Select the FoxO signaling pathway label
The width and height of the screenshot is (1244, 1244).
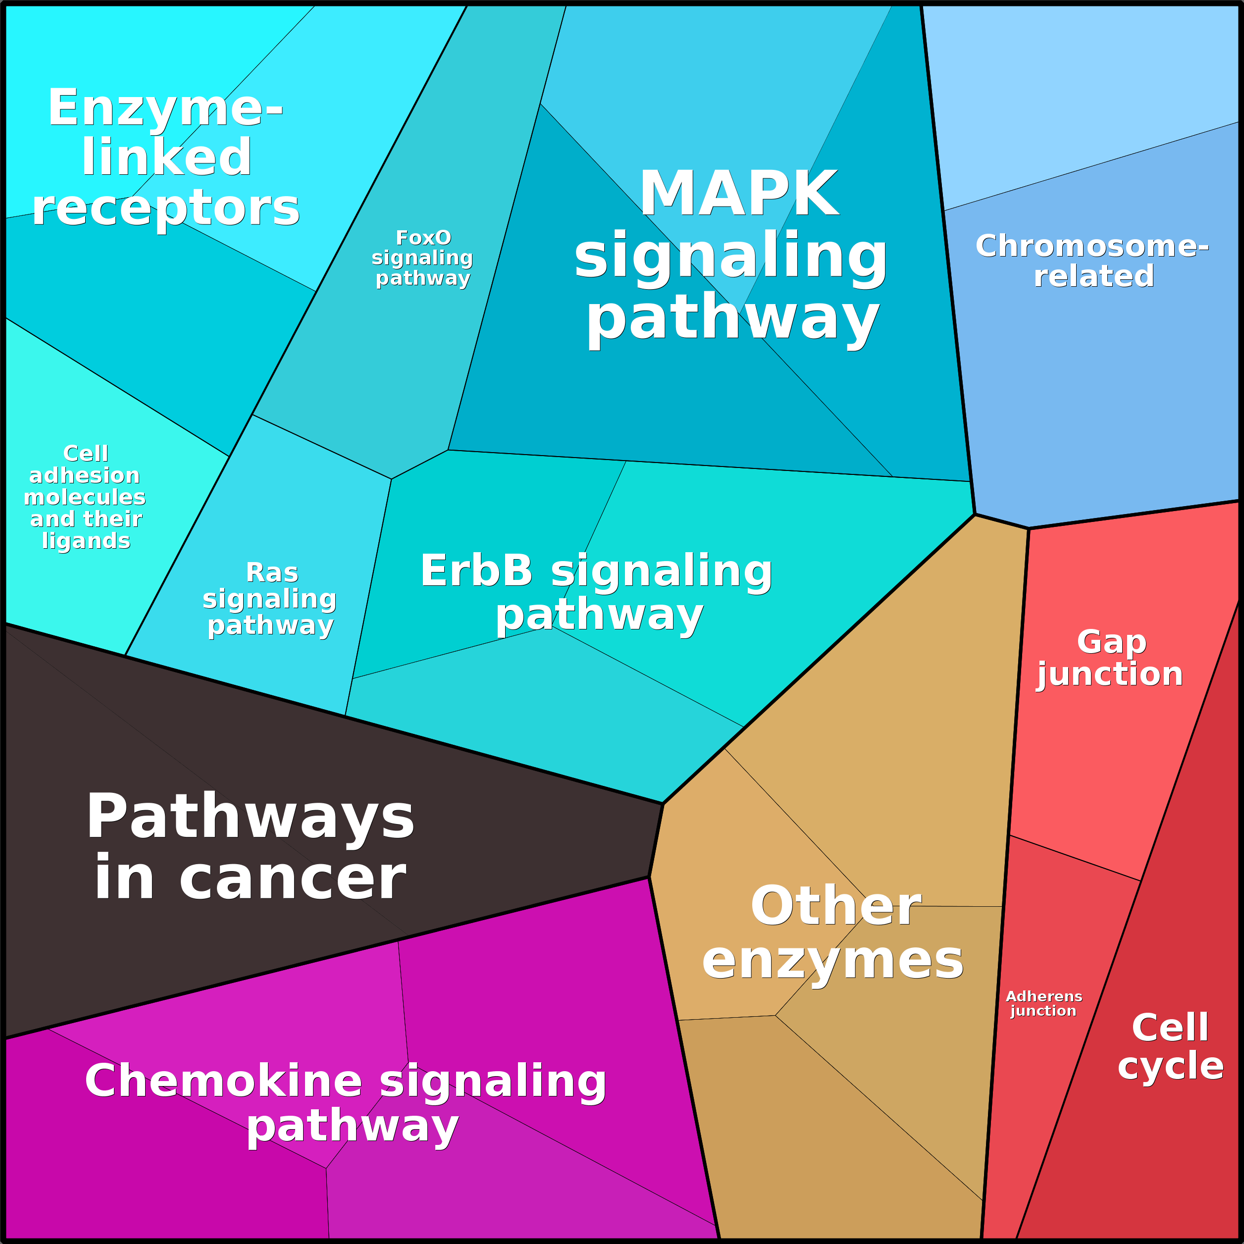pyautogui.click(x=422, y=258)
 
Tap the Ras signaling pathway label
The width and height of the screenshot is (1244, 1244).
pyautogui.click(x=270, y=598)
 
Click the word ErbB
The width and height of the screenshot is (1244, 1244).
pyautogui.click(x=476, y=570)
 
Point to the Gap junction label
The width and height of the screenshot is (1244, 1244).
pyautogui.click(x=1110, y=658)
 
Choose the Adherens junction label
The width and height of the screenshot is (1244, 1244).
pyautogui.click(x=1044, y=1003)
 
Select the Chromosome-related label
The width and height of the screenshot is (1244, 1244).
pyautogui.click(x=1092, y=261)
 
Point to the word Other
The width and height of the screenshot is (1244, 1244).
pyautogui.click(x=836, y=905)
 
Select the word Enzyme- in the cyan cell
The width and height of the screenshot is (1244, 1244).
pyautogui.click(x=165, y=107)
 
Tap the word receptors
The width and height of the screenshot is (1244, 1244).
pyautogui.click(x=165, y=208)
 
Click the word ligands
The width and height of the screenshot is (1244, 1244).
pyautogui.click(x=86, y=541)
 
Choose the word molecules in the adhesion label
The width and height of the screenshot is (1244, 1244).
pyautogui.click(x=84, y=497)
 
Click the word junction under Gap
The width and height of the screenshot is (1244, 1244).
pyautogui.click(x=1110, y=674)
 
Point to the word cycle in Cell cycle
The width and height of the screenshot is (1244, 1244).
pyautogui.click(x=1171, y=1066)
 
